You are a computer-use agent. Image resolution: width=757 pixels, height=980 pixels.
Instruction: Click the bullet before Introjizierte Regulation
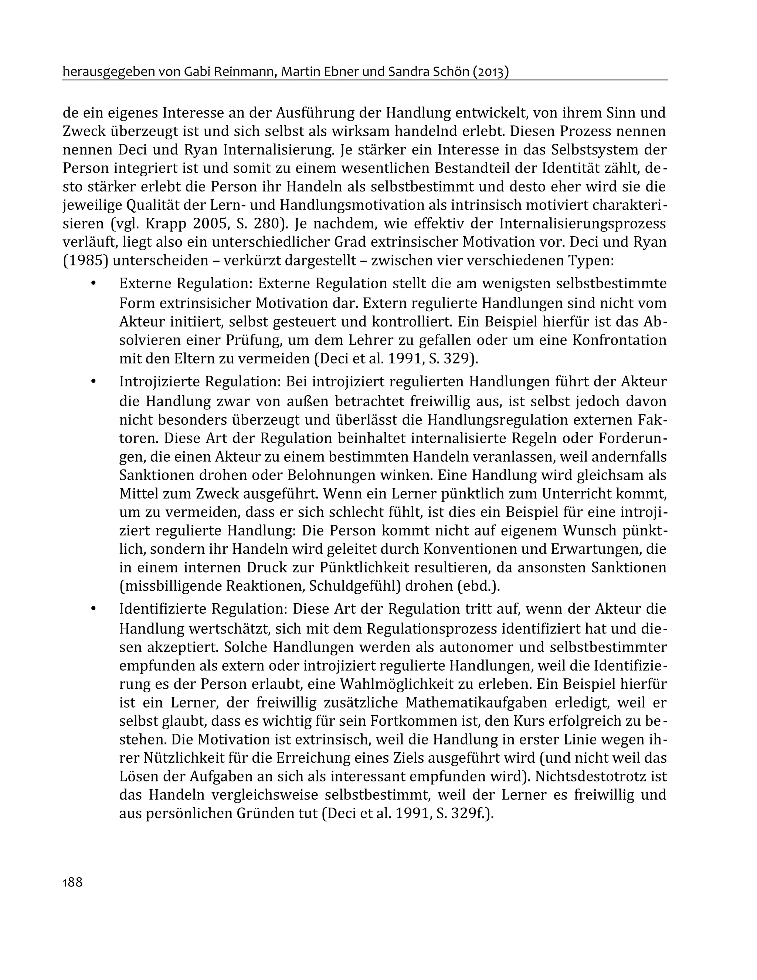coord(94,382)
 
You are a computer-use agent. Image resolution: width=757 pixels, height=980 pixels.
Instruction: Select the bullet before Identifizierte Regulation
coord(94,609)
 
